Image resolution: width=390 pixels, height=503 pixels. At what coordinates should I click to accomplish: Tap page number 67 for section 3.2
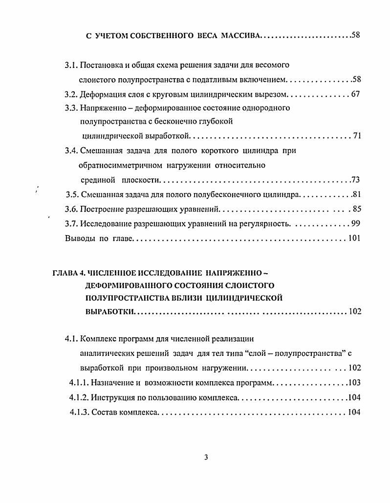[355, 94]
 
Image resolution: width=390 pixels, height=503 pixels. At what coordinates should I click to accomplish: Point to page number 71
[356, 135]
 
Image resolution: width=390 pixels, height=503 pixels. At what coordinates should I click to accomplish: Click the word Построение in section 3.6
[101, 210]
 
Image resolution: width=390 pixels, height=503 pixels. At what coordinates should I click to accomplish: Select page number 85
[356, 210]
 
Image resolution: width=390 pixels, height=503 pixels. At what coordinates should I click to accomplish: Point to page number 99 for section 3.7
[355, 224]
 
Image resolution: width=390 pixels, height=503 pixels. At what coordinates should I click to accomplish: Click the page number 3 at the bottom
[206, 458]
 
